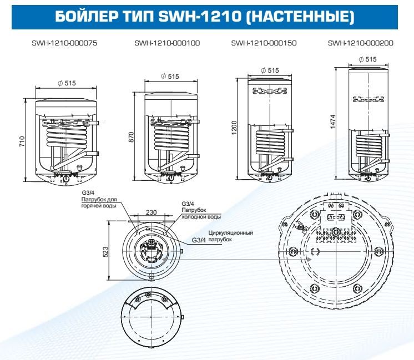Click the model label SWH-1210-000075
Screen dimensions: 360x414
tap(64, 43)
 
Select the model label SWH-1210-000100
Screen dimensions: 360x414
tap(167, 43)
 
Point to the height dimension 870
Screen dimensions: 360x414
tap(131, 137)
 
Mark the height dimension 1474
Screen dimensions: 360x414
tap(332, 122)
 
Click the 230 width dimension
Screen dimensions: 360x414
tap(151, 211)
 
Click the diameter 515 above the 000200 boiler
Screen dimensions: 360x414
tap(367, 59)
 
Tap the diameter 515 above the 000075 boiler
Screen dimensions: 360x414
tap(67, 83)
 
